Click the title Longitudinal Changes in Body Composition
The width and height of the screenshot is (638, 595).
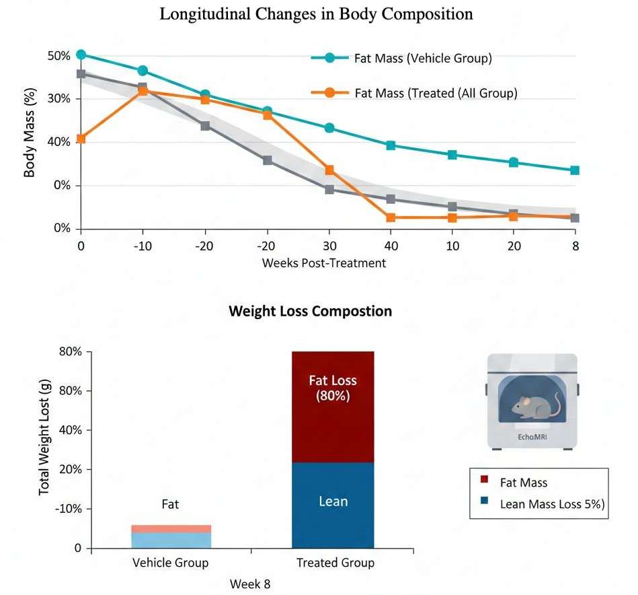click(316, 14)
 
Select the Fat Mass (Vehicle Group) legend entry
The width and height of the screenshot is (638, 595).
click(423, 59)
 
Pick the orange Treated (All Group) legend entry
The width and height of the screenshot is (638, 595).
click(436, 93)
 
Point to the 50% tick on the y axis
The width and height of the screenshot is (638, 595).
click(58, 56)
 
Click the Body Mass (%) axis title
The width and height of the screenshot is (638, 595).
click(30, 141)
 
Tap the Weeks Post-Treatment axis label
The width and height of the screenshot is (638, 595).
click(324, 263)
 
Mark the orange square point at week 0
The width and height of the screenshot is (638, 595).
click(81, 139)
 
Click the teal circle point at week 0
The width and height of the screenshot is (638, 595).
click(81, 55)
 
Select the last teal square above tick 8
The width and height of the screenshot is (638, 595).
click(575, 170)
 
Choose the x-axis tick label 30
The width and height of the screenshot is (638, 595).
click(329, 246)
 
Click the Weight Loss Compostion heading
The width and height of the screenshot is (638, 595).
click(310, 312)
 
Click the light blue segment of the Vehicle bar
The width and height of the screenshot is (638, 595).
click(171, 540)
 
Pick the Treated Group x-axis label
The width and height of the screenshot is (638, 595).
click(335, 563)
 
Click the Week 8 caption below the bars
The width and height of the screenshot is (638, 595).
click(250, 584)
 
